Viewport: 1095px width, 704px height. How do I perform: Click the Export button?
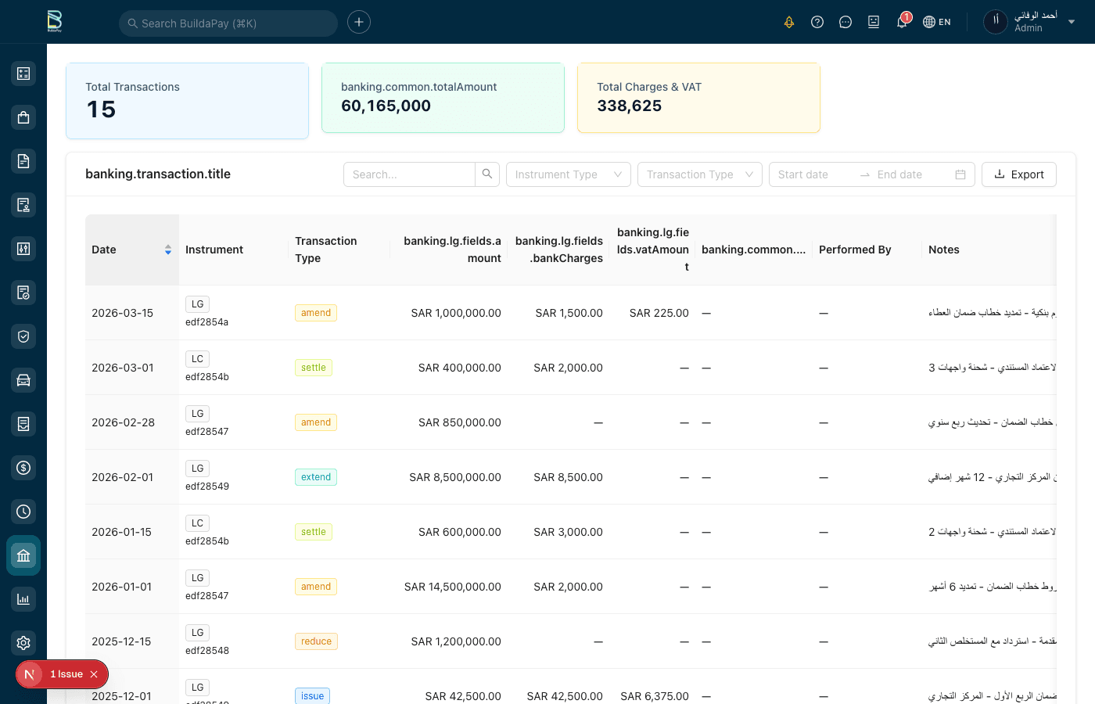click(x=1018, y=174)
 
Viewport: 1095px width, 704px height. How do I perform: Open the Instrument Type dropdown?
click(x=568, y=174)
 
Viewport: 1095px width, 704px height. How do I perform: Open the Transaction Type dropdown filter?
click(x=699, y=174)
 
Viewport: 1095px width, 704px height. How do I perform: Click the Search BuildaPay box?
click(x=228, y=23)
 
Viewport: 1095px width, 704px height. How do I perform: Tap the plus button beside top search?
click(x=359, y=22)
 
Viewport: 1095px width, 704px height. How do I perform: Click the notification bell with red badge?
click(x=902, y=22)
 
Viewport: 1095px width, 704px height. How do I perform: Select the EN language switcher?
click(x=937, y=22)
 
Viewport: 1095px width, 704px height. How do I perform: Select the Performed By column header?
click(x=855, y=250)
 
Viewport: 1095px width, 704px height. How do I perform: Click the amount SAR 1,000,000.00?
click(x=456, y=313)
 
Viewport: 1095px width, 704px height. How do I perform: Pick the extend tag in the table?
click(x=316, y=477)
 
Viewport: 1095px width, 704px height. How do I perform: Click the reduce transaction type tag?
click(x=316, y=641)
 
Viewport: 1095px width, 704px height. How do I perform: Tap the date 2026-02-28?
click(x=124, y=422)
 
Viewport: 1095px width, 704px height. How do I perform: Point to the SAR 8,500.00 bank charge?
click(x=568, y=477)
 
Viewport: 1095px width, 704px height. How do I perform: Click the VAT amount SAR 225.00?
click(x=659, y=313)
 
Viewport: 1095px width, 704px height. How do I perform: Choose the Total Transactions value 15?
click(x=101, y=110)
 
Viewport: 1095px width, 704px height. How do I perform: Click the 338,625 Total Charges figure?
click(x=629, y=106)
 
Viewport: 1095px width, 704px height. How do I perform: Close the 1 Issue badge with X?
click(x=94, y=674)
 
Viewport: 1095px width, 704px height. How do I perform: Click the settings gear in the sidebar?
click(x=23, y=643)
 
